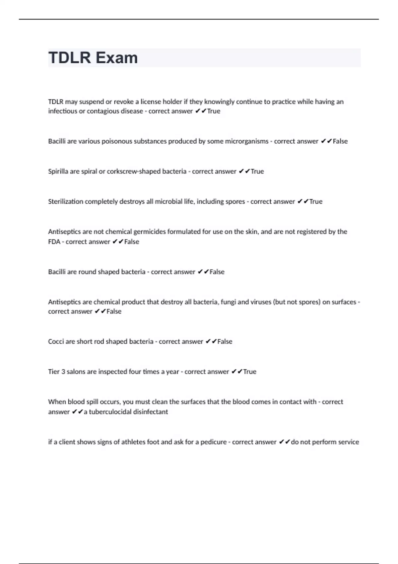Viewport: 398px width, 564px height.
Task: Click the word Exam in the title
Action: [116, 58]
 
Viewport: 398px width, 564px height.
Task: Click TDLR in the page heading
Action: [69, 58]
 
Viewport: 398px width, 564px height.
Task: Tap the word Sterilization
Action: [65, 202]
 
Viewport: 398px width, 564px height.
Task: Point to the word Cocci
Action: [56, 342]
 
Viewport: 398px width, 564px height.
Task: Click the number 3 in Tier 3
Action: [63, 372]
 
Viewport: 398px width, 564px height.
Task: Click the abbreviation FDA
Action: [54, 242]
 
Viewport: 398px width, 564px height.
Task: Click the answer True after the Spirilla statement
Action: [257, 172]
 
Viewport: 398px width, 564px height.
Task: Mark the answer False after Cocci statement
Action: [225, 342]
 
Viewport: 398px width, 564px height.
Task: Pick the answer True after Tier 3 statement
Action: [250, 372]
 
